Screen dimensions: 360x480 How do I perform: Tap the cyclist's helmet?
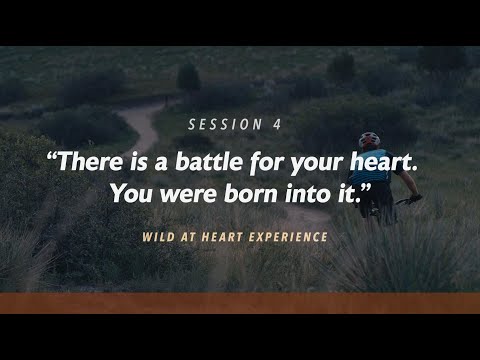point(370,139)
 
